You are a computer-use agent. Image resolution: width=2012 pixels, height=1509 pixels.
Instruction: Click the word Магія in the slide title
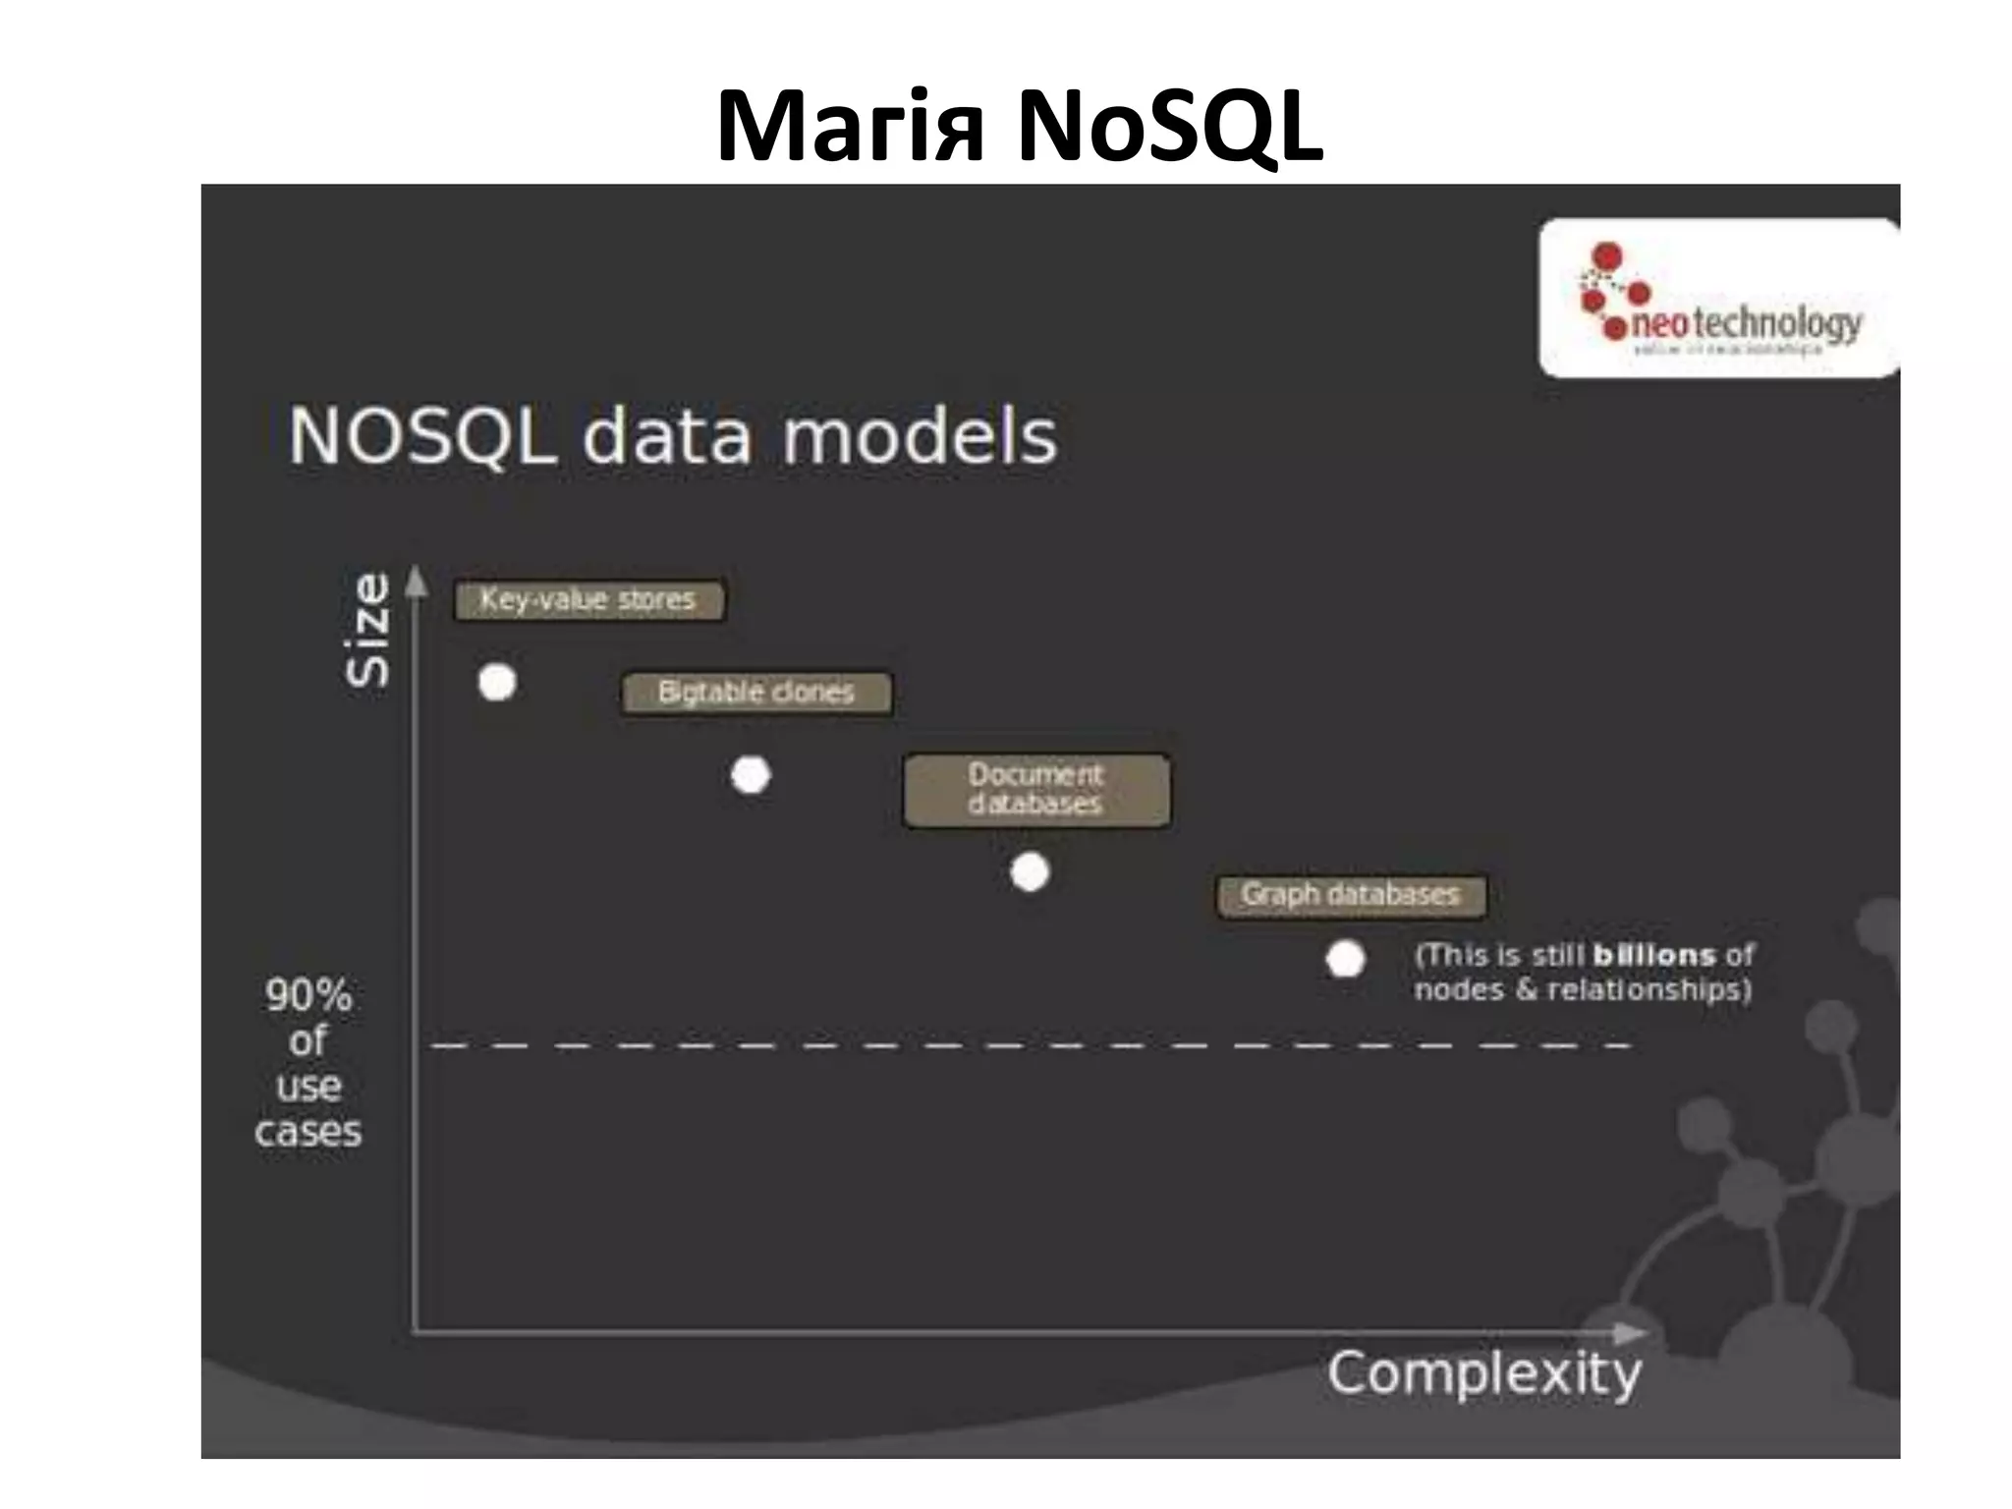coord(851,128)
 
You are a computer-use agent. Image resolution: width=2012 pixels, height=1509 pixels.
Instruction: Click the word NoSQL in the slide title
coord(1170,128)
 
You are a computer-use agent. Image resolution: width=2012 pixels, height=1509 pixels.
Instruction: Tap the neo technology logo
coord(1718,298)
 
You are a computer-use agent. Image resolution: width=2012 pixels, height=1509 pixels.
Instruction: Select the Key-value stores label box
coord(588,599)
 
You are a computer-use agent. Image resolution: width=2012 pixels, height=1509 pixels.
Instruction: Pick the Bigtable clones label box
coord(756,693)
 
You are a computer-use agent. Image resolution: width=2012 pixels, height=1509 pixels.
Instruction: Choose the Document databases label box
coord(1036,790)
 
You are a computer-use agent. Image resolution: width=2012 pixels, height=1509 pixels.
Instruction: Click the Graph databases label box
coord(1351,895)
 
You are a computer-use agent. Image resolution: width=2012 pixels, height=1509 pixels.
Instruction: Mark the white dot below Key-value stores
coord(497,682)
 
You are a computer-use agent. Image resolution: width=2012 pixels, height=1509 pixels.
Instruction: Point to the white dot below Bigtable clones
coord(752,775)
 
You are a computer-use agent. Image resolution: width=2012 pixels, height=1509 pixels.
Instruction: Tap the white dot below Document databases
coord(1030,871)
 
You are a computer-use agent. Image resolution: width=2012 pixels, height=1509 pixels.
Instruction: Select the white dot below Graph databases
coord(1345,960)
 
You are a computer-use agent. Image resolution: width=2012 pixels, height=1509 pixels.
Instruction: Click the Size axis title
coord(368,629)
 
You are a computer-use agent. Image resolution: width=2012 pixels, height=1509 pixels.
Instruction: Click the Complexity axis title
coord(1483,1373)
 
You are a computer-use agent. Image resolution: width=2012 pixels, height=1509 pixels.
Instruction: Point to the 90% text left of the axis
coord(308,995)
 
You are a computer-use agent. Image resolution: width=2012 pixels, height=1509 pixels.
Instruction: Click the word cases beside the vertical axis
coord(308,1132)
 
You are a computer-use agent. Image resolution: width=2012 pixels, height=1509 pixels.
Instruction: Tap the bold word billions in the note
coord(1653,955)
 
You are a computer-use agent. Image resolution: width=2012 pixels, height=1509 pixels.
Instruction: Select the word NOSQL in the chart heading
coord(422,436)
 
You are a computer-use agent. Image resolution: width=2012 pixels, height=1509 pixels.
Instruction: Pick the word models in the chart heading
coord(920,436)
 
